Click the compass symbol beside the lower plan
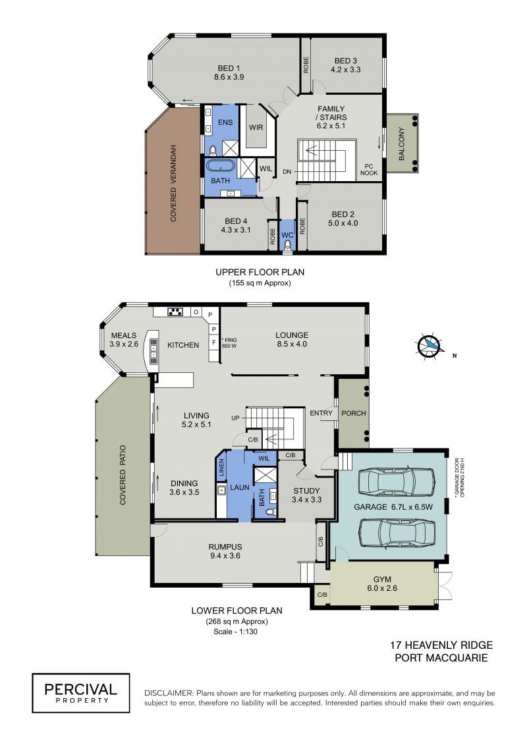pyautogui.click(x=431, y=345)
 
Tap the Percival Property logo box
pyautogui.click(x=81, y=693)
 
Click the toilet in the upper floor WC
pyautogui.click(x=287, y=244)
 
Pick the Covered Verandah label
pyautogui.click(x=173, y=183)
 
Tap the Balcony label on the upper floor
pyautogui.click(x=402, y=144)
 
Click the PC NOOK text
pyautogui.click(x=369, y=170)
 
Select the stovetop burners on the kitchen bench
pyautogui.click(x=175, y=312)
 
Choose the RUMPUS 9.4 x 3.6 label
pyautogui.click(x=225, y=551)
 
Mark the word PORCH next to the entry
pyautogui.click(x=354, y=414)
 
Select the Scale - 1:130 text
pyautogui.click(x=235, y=632)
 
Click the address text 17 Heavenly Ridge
pyautogui.click(x=441, y=646)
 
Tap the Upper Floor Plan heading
pyautogui.click(x=260, y=272)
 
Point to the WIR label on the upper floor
pyautogui.click(x=256, y=127)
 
